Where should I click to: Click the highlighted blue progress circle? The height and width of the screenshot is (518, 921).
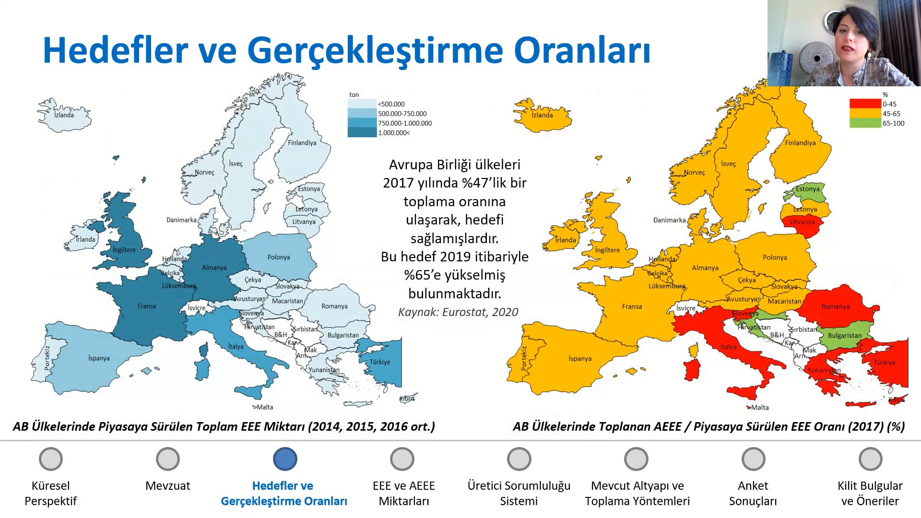285,459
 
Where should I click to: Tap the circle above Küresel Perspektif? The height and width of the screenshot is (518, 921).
51,459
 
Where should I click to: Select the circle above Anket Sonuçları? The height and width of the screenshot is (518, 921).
754,459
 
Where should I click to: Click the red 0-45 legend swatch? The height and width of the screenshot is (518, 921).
865,104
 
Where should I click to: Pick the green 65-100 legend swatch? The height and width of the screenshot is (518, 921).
865,123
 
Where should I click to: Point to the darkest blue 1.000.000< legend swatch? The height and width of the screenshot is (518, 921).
362,133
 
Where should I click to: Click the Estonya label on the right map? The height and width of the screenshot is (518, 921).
808,189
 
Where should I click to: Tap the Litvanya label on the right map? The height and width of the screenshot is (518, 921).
803,222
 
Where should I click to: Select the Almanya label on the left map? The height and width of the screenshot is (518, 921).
214,268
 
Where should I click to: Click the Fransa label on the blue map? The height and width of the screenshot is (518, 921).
147,306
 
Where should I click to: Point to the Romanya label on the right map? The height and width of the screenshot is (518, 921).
836,306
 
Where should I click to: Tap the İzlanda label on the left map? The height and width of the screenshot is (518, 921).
64,115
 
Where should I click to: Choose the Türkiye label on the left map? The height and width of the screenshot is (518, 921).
380,362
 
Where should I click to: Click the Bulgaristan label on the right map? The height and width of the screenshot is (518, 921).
845,336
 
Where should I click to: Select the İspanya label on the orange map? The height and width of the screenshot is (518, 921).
580,358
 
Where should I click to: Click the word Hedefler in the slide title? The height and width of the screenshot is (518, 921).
115,50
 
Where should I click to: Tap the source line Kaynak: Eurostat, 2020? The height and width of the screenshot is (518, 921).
458,312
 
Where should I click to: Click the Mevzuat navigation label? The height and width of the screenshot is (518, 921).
168,486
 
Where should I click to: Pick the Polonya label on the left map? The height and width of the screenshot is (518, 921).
279,257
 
